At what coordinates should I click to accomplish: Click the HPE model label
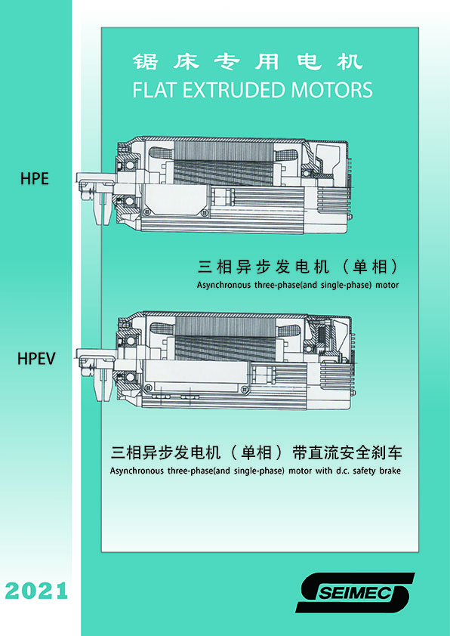click(x=35, y=178)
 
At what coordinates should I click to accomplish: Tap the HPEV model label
click(x=36, y=359)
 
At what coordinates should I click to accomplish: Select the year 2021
click(x=36, y=591)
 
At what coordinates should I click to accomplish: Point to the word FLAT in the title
click(x=156, y=90)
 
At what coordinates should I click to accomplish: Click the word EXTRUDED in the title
click(x=235, y=90)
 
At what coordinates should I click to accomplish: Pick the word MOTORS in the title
click(x=332, y=90)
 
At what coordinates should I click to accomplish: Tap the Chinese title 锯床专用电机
click(x=247, y=62)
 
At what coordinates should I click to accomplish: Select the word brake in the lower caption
click(x=390, y=471)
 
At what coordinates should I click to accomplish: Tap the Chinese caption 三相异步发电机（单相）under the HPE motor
click(x=298, y=267)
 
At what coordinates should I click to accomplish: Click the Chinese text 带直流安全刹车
click(x=347, y=452)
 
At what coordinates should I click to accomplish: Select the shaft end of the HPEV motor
click(x=92, y=375)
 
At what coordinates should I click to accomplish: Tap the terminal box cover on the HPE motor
click(x=177, y=201)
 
